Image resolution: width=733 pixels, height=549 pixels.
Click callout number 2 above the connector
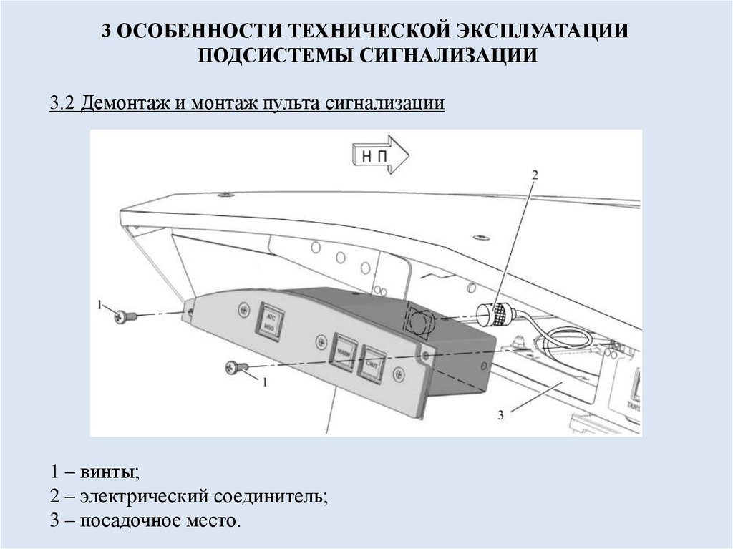[x=534, y=174]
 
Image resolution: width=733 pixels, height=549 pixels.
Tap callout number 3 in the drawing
[x=501, y=414]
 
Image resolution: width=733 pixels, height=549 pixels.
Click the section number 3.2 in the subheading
[x=62, y=104]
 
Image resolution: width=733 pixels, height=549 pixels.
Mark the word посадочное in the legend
[x=127, y=520]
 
